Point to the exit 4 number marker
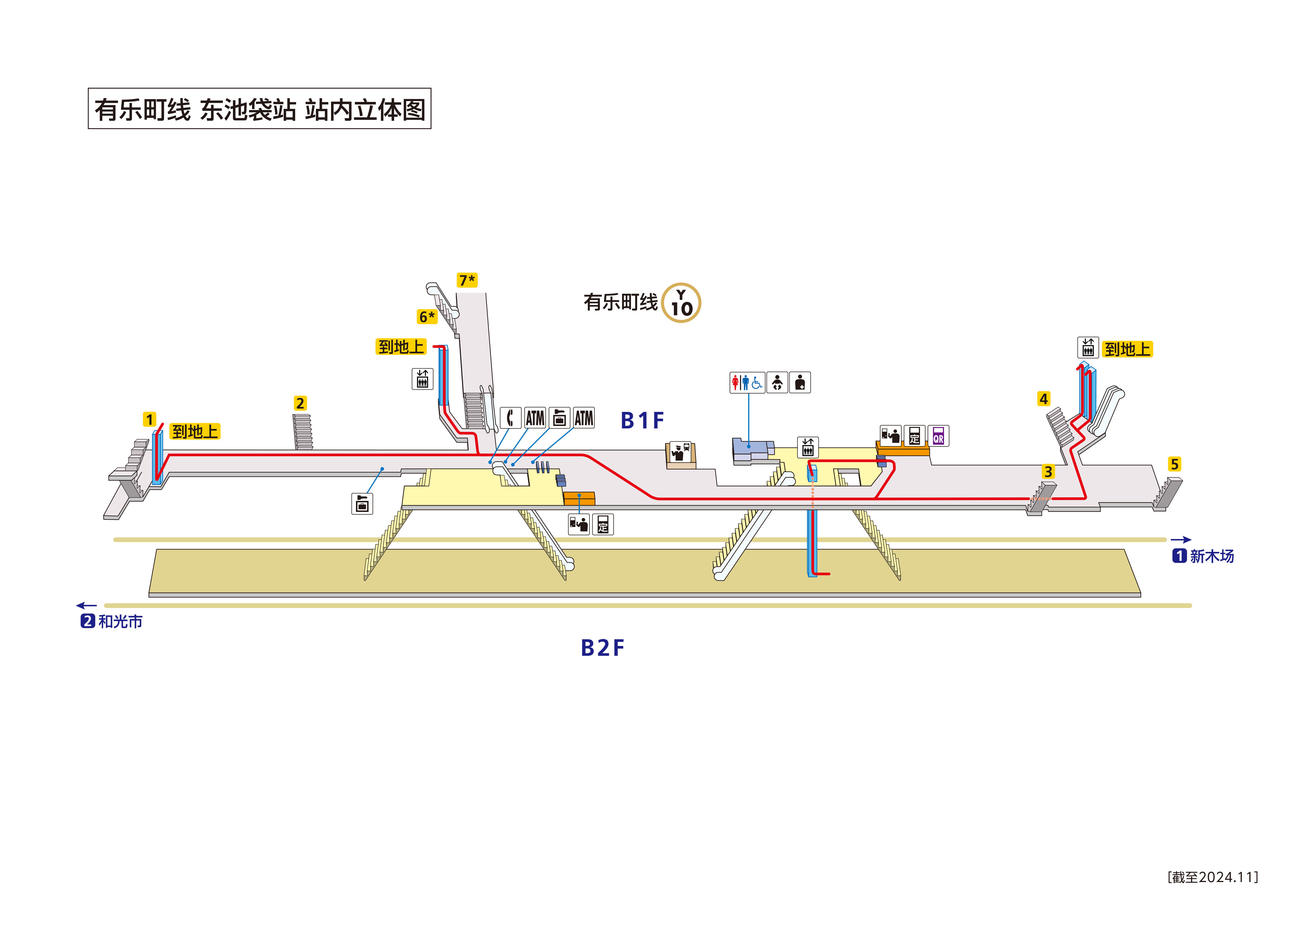pyautogui.click(x=1043, y=399)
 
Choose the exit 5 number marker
pyautogui.click(x=1174, y=464)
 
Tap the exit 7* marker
pyautogui.click(x=466, y=280)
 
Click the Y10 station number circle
pyautogui.click(x=681, y=303)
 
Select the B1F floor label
pyautogui.click(x=642, y=421)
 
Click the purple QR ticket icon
pyautogui.click(x=938, y=436)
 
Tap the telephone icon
pyautogui.click(x=510, y=418)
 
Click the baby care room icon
pyautogui.click(x=777, y=382)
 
